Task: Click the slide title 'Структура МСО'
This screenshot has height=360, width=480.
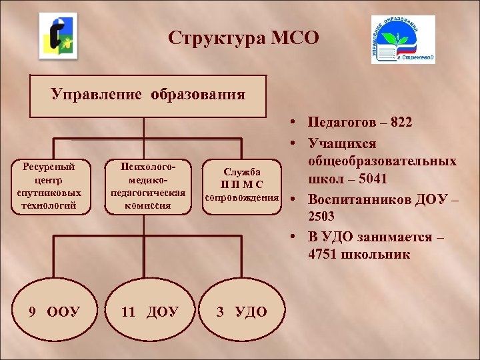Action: tap(244, 38)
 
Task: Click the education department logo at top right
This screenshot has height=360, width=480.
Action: tap(403, 40)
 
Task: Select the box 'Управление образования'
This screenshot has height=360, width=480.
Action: tap(148, 95)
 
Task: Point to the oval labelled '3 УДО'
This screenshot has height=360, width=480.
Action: tap(241, 311)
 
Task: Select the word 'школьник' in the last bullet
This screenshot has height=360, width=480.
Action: tap(374, 255)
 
